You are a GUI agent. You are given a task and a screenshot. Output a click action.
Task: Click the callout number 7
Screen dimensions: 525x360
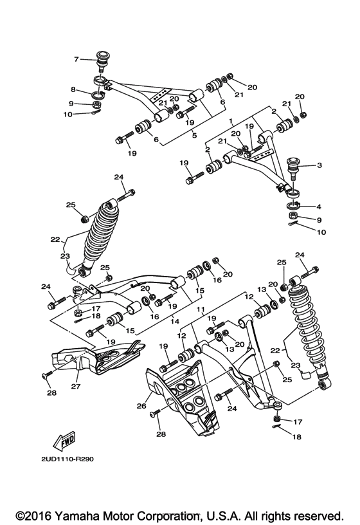point(76,59)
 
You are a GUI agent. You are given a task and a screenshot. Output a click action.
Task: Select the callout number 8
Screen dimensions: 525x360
point(73,90)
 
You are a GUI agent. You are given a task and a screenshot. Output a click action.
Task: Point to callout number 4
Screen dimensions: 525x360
point(319,207)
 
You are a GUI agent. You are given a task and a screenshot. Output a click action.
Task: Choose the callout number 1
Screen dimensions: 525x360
point(230,120)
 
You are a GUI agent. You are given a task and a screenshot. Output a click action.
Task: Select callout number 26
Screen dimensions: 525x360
point(141,406)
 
